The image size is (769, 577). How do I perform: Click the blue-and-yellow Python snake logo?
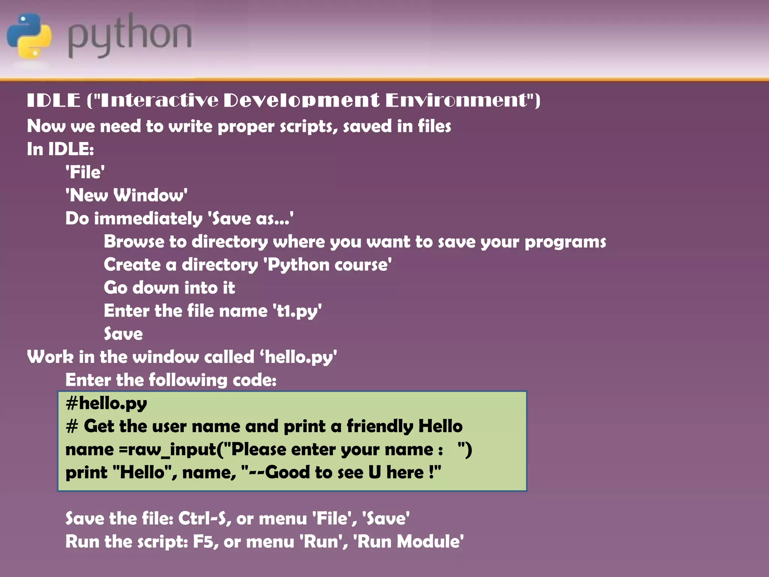point(29,36)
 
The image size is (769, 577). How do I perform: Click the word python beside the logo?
point(130,36)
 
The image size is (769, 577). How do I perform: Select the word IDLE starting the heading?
point(54,100)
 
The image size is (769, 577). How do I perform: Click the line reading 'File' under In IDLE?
point(85,172)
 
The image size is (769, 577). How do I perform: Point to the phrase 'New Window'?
point(127,195)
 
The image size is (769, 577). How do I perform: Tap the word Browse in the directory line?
point(134,242)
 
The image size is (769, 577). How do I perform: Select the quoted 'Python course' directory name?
point(327,265)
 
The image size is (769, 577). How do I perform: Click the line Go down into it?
point(169,288)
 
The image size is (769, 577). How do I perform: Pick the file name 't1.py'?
point(297,311)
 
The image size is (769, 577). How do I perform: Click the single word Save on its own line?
point(123,334)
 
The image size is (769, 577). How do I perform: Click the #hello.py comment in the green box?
point(106,403)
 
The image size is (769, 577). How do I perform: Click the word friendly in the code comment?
point(379,426)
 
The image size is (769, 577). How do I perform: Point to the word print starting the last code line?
point(86,473)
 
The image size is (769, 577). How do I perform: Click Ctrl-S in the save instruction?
point(202,519)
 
